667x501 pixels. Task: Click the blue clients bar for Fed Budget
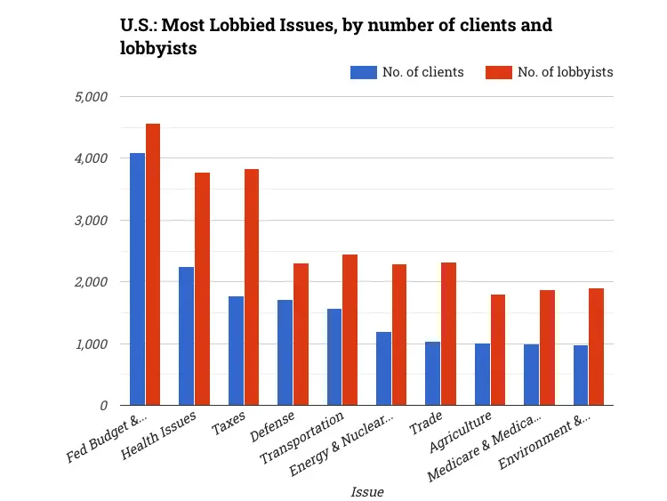[137, 279]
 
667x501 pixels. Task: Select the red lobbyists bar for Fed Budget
[153, 264]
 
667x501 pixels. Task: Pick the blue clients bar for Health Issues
[186, 336]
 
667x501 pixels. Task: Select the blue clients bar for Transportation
[333, 357]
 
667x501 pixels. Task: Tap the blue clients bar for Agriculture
[481, 375]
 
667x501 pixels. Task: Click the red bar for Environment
[596, 347]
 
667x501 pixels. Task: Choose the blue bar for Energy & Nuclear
[383, 368]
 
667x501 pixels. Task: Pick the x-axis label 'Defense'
[272, 433]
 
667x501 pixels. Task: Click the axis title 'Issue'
[366, 490]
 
